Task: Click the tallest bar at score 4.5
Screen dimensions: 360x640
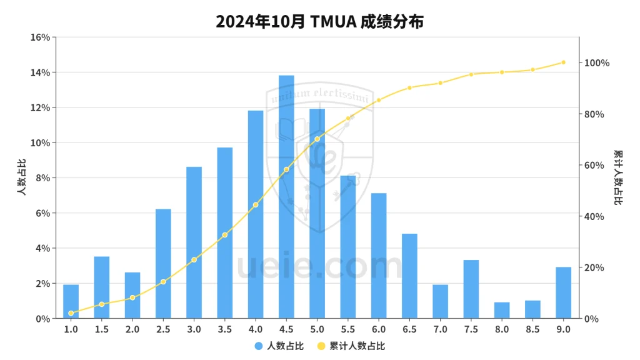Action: pyautogui.click(x=286, y=197)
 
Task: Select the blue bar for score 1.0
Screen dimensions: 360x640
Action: pyautogui.click(x=71, y=301)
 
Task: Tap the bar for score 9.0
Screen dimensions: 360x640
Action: pyautogui.click(x=563, y=292)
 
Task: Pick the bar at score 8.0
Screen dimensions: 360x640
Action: pyautogui.click(x=502, y=310)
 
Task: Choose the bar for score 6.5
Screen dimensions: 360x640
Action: pyautogui.click(x=409, y=276)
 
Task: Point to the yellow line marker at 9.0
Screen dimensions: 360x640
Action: pyautogui.click(x=563, y=62)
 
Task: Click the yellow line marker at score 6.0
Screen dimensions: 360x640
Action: pyautogui.click(x=379, y=100)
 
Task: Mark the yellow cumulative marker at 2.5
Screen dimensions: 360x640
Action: pyautogui.click(x=163, y=282)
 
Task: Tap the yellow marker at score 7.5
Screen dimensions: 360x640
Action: pyautogui.click(x=471, y=74)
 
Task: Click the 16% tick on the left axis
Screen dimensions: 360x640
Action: pyautogui.click(x=40, y=37)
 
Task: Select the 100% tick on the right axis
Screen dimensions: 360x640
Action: pyautogui.click(x=597, y=63)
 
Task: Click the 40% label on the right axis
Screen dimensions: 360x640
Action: pyautogui.click(x=594, y=217)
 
